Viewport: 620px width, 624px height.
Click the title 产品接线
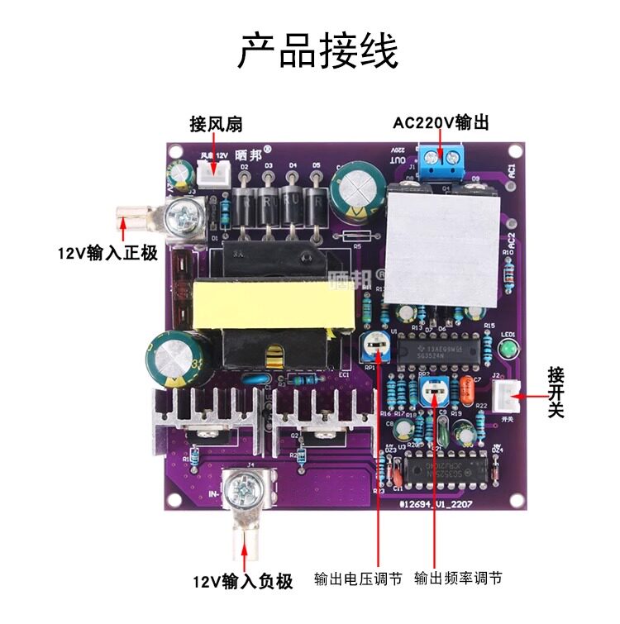tap(318, 51)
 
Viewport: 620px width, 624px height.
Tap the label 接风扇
tap(216, 124)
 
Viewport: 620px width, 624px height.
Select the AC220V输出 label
tap(441, 123)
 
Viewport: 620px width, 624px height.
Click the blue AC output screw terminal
tap(442, 160)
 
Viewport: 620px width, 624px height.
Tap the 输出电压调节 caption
tap(358, 579)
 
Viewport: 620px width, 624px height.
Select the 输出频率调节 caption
tap(458, 579)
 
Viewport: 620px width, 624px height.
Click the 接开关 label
tap(556, 393)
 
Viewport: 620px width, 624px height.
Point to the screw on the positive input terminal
tap(183, 219)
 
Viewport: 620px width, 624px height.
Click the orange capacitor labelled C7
tap(469, 386)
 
